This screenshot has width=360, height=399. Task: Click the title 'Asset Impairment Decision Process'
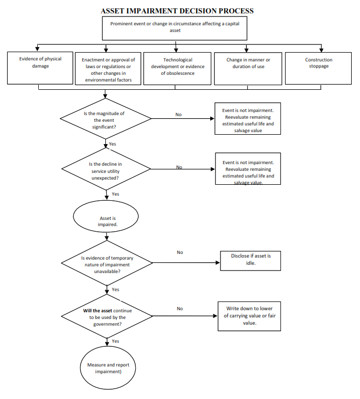pyautogui.click(x=177, y=11)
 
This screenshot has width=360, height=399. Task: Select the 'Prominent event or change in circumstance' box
pyautogui.click(x=175, y=28)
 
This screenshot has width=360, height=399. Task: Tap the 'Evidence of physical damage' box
pyautogui.click(x=40, y=68)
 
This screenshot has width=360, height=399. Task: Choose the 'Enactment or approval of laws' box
pyautogui.click(x=108, y=69)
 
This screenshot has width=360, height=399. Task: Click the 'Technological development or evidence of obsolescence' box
pyautogui.click(x=177, y=69)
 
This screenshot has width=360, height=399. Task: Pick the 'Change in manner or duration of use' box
pyautogui.click(x=248, y=69)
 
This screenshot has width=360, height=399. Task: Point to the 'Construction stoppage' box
pyautogui.click(x=318, y=68)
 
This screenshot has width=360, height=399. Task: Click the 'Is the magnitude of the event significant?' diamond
pyautogui.click(x=105, y=119)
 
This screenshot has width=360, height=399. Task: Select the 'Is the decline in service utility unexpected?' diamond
pyautogui.click(x=106, y=169)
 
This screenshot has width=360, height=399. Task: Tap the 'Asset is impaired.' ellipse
pyautogui.click(x=106, y=216)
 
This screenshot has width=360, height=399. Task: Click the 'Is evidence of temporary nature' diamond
pyautogui.click(x=107, y=263)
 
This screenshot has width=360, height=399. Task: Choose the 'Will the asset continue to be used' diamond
pyautogui.click(x=107, y=316)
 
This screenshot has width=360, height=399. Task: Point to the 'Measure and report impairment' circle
pyautogui.click(x=108, y=368)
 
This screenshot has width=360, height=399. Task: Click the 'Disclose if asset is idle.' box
pyautogui.click(x=251, y=261)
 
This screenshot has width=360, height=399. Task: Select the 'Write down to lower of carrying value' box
pyautogui.click(x=249, y=316)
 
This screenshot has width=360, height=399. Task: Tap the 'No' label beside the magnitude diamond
pyautogui.click(x=179, y=115)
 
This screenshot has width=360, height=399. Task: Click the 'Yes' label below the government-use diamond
pyautogui.click(x=115, y=341)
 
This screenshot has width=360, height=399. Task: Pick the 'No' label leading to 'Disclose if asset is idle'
pyautogui.click(x=180, y=252)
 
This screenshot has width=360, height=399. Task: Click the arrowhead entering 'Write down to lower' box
pyautogui.click(x=215, y=316)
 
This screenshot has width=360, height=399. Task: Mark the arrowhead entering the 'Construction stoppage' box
pyautogui.click(x=321, y=50)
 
